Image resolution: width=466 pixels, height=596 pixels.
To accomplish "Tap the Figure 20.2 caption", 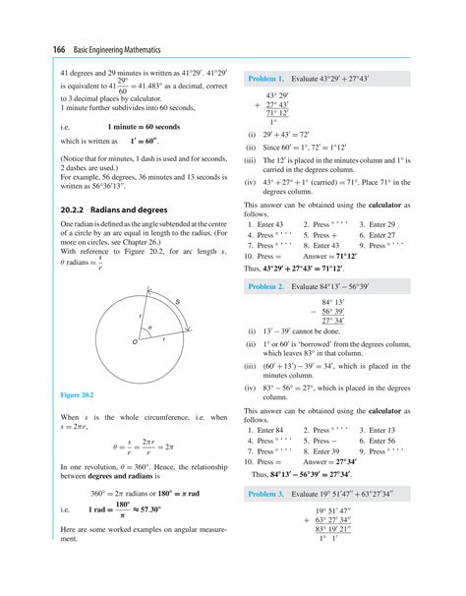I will [77, 394].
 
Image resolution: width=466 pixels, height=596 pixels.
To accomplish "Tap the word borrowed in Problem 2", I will [315, 345].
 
